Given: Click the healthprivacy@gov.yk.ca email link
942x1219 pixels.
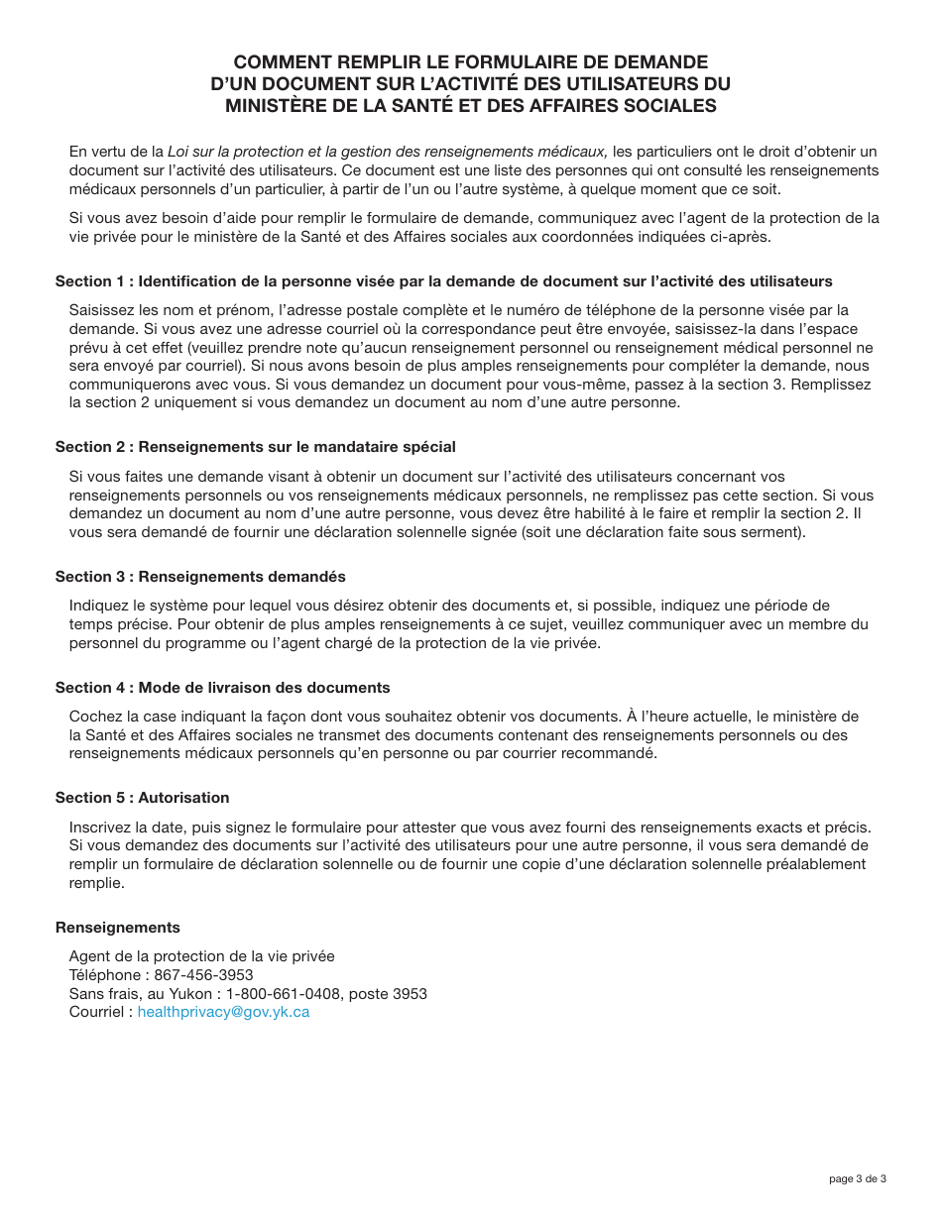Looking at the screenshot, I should pyautogui.click(x=223, y=1012).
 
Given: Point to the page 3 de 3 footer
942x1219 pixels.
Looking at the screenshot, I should pyautogui.click(x=858, y=1178).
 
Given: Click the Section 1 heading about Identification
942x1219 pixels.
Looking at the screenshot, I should pyautogui.click(x=443, y=281).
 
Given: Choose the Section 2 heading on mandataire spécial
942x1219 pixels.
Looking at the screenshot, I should pyautogui.click(x=255, y=447).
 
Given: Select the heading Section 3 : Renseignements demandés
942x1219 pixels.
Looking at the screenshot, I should pyautogui.click(x=200, y=577).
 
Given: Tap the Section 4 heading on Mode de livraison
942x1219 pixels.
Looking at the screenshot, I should pyautogui.click(x=222, y=688).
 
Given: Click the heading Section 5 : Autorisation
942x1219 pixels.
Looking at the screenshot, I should pyautogui.click(x=142, y=798).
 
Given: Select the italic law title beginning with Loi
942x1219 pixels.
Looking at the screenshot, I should pyautogui.click(x=387, y=152).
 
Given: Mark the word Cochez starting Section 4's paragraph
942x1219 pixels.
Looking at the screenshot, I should pyautogui.click(x=94, y=717).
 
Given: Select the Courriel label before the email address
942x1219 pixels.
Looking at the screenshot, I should pyautogui.click(x=97, y=1012).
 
